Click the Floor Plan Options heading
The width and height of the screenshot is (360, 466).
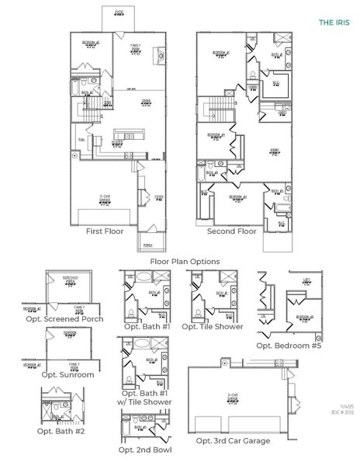point(184,262)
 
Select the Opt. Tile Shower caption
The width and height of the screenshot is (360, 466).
point(212,326)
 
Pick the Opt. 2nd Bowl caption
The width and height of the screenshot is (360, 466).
point(144,450)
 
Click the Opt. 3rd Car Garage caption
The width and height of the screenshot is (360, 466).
point(233,440)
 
